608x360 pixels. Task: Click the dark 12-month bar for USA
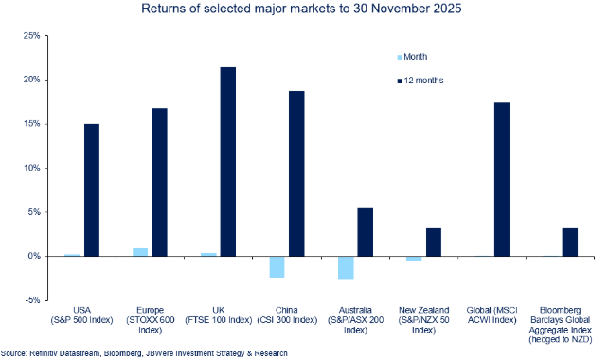click(92, 189)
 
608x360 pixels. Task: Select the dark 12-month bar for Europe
click(160, 182)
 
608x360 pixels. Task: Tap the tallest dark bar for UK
click(228, 161)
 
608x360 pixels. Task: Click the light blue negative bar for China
click(277, 266)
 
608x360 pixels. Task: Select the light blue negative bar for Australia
click(345, 268)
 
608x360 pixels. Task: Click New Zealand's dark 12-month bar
click(433, 242)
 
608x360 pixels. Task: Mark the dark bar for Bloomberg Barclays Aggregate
click(569, 242)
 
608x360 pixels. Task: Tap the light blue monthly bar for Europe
click(140, 252)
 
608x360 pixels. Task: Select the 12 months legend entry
click(422, 81)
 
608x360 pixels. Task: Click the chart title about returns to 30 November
click(303, 9)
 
